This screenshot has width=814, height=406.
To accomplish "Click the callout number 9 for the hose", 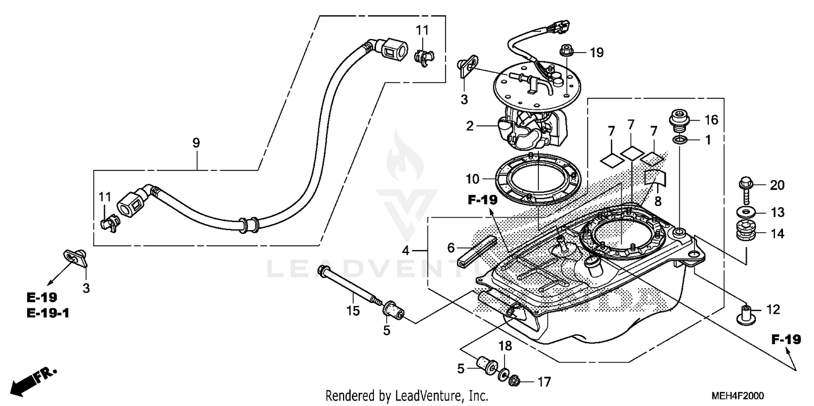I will (196, 143).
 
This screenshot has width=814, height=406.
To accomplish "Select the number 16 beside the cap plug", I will (711, 120).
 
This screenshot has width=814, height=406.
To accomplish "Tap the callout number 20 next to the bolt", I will (777, 186).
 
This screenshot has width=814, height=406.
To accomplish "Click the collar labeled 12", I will (746, 314).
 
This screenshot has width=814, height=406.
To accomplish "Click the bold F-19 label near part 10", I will (482, 200).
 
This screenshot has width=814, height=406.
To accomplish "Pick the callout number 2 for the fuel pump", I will (470, 126).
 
